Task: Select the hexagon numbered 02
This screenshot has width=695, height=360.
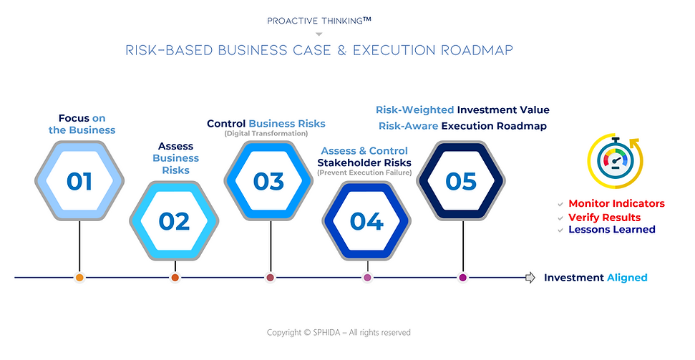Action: click(x=174, y=221)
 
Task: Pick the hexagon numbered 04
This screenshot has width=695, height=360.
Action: click(x=366, y=221)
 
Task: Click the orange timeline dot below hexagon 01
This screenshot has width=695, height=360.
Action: click(x=79, y=278)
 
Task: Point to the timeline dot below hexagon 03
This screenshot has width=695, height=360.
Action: click(x=270, y=278)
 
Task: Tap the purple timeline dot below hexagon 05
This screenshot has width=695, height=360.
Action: click(x=462, y=278)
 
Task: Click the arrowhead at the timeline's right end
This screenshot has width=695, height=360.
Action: click(x=530, y=278)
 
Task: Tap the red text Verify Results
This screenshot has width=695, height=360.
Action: click(x=604, y=217)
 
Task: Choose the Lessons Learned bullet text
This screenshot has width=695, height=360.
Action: click(x=611, y=230)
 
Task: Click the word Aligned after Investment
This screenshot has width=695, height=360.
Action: click(x=627, y=278)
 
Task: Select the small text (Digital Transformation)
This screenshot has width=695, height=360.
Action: click(x=266, y=134)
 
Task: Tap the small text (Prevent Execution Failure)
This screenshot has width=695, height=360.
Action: click(x=364, y=172)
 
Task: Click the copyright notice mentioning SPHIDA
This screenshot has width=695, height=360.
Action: click(x=339, y=333)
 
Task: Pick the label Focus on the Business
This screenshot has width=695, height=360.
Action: click(x=82, y=124)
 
